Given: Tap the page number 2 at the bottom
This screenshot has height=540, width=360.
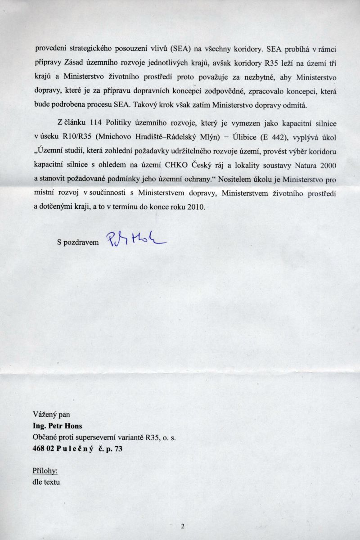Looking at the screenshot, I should (x=183, y=526).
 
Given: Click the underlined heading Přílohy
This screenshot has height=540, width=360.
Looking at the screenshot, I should (x=45, y=471).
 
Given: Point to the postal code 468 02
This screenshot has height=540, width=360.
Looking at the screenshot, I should (x=44, y=449).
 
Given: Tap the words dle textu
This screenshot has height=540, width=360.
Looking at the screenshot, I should (x=46, y=482).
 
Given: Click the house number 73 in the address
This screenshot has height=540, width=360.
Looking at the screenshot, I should (x=117, y=449).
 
